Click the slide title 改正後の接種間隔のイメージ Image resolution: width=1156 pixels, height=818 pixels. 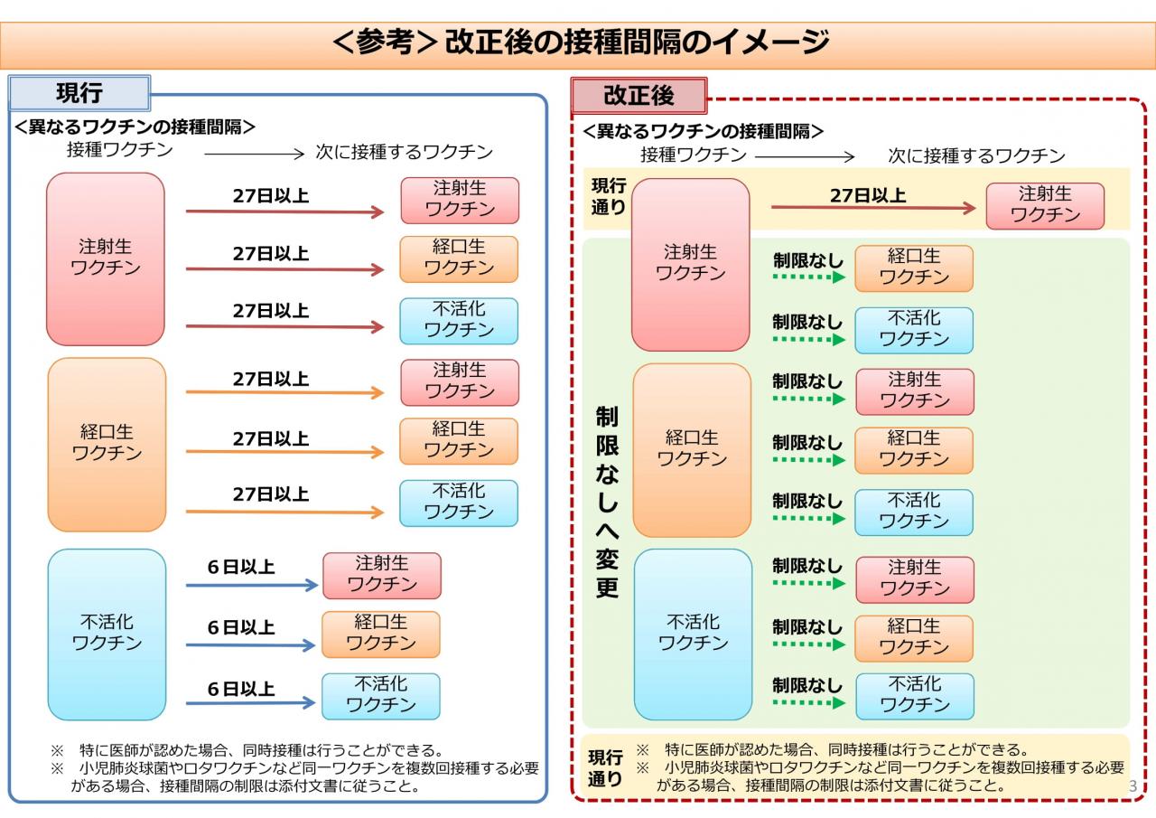pos(637,42)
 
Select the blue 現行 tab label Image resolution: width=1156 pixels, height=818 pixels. pos(79,93)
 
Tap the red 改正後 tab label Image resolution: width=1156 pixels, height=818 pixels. pos(639,96)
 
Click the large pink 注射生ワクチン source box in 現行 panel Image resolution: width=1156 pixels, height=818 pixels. pos(106,259)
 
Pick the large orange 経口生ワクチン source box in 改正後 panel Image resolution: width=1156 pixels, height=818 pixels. pos(692,450)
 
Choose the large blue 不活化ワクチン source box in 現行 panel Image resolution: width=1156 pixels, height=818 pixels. pos(107,635)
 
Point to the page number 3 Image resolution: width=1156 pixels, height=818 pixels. pos(1133,786)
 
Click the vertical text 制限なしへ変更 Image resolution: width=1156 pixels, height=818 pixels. pos(607,502)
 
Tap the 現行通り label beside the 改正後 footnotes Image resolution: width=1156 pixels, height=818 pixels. pos(605,768)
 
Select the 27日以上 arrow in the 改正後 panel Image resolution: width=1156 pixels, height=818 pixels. pos(873,208)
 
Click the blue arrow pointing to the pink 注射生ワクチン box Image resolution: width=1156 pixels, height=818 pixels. pos(252,585)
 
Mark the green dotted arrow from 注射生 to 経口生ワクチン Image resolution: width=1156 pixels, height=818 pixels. pos(808,277)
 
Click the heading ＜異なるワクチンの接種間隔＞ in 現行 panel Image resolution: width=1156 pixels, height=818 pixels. pos(135,127)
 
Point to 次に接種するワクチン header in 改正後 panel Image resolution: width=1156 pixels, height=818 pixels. pos(976,155)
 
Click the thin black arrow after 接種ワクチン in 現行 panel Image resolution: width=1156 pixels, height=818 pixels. pos(254,154)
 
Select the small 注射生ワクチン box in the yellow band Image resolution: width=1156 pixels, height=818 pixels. pos(1045,205)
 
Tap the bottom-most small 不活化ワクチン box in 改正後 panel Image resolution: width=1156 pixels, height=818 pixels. pos(915,696)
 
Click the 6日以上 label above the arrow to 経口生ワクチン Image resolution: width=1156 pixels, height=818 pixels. pos(241,627)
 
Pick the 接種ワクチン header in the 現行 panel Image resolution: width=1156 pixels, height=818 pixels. pos(120,150)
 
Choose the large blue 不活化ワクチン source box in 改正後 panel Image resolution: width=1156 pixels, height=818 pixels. pos(693,635)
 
